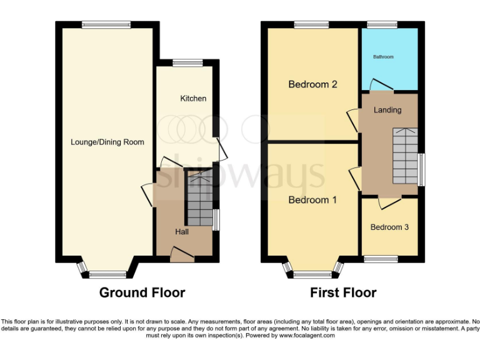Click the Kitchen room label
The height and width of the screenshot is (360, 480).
point(193,99)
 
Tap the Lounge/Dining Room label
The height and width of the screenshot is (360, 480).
point(107,142)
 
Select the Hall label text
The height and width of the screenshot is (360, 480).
point(182,232)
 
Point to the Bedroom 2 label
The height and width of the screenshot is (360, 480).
point(312,84)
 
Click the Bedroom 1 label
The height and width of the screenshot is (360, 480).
point(312,200)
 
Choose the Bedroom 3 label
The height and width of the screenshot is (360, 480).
point(389,227)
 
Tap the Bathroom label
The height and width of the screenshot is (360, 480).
point(384,57)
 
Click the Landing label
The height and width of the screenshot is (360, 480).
point(387,110)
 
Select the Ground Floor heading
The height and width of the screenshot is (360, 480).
point(142,292)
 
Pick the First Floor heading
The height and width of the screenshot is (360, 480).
point(343,292)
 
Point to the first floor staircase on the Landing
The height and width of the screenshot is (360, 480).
point(404,155)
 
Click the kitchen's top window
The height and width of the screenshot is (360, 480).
point(183,62)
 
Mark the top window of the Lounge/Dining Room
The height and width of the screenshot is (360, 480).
point(106,25)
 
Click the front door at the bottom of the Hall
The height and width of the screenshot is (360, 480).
point(182,252)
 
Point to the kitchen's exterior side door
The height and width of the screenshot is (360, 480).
point(221,148)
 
